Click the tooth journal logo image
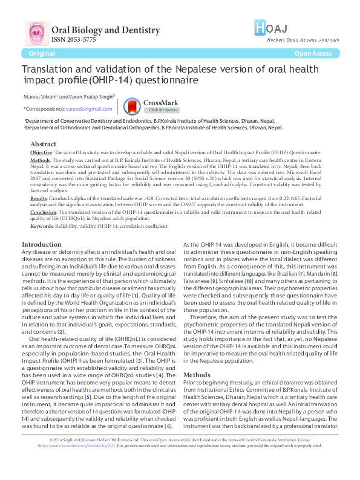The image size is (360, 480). click(x=35, y=34)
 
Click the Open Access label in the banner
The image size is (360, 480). click(x=313, y=54)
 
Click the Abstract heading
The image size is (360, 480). click(x=43, y=144)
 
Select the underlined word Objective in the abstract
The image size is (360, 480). click(x=41, y=152)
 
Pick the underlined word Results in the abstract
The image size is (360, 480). click(x=38, y=198)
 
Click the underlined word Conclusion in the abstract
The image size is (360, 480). click(x=43, y=213)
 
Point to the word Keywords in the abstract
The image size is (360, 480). click(x=41, y=226)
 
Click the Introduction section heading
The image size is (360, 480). click(x=42, y=244)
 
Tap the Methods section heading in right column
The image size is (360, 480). click(x=197, y=358)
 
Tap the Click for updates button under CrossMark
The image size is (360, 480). click(x=163, y=110)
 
